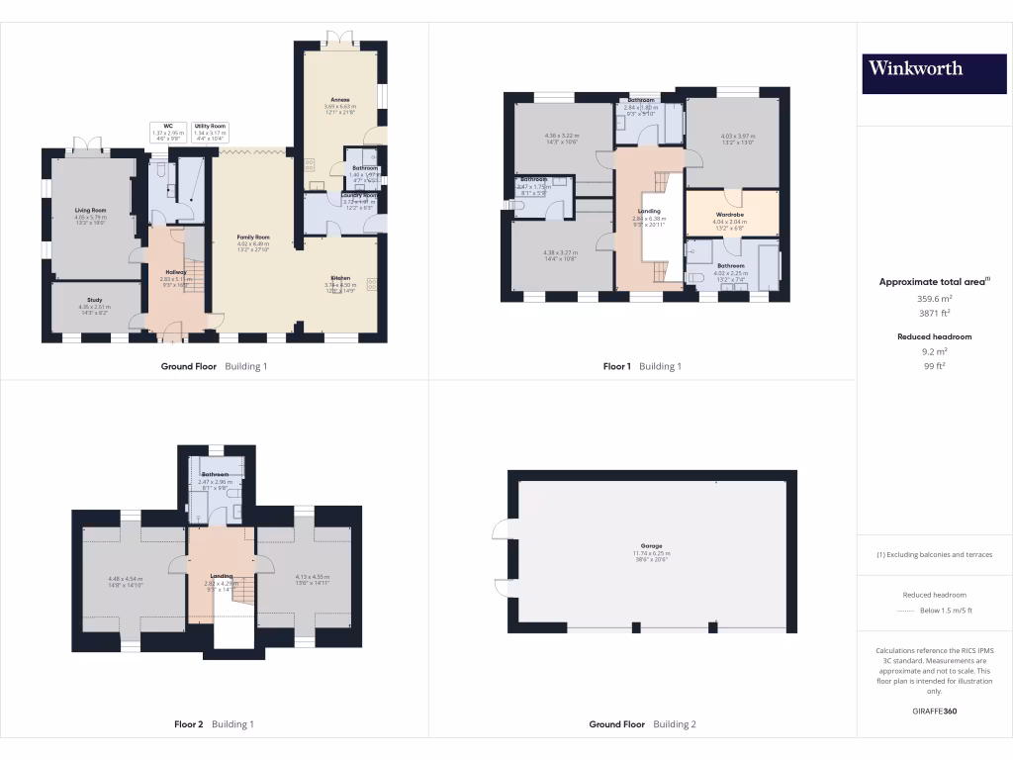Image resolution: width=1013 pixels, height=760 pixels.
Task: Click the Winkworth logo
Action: click(915, 68)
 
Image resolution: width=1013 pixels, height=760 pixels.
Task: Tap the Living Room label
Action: click(90, 211)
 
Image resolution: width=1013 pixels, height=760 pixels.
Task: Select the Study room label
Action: click(96, 299)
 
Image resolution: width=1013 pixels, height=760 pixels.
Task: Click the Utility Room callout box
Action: click(210, 132)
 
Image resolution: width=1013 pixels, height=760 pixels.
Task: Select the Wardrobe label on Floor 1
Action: click(730, 214)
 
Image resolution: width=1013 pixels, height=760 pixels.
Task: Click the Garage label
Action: click(651, 546)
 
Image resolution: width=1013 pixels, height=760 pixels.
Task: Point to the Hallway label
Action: click(174, 271)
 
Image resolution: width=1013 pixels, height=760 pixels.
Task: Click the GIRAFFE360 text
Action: click(935, 711)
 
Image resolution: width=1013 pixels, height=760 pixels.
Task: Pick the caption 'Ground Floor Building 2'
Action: click(642, 724)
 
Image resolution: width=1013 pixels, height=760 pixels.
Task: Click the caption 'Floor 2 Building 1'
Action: click(214, 724)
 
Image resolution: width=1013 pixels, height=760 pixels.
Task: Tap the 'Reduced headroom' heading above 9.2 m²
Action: click(935, 336)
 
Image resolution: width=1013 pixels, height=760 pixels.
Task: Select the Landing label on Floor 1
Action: click(649, 211)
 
